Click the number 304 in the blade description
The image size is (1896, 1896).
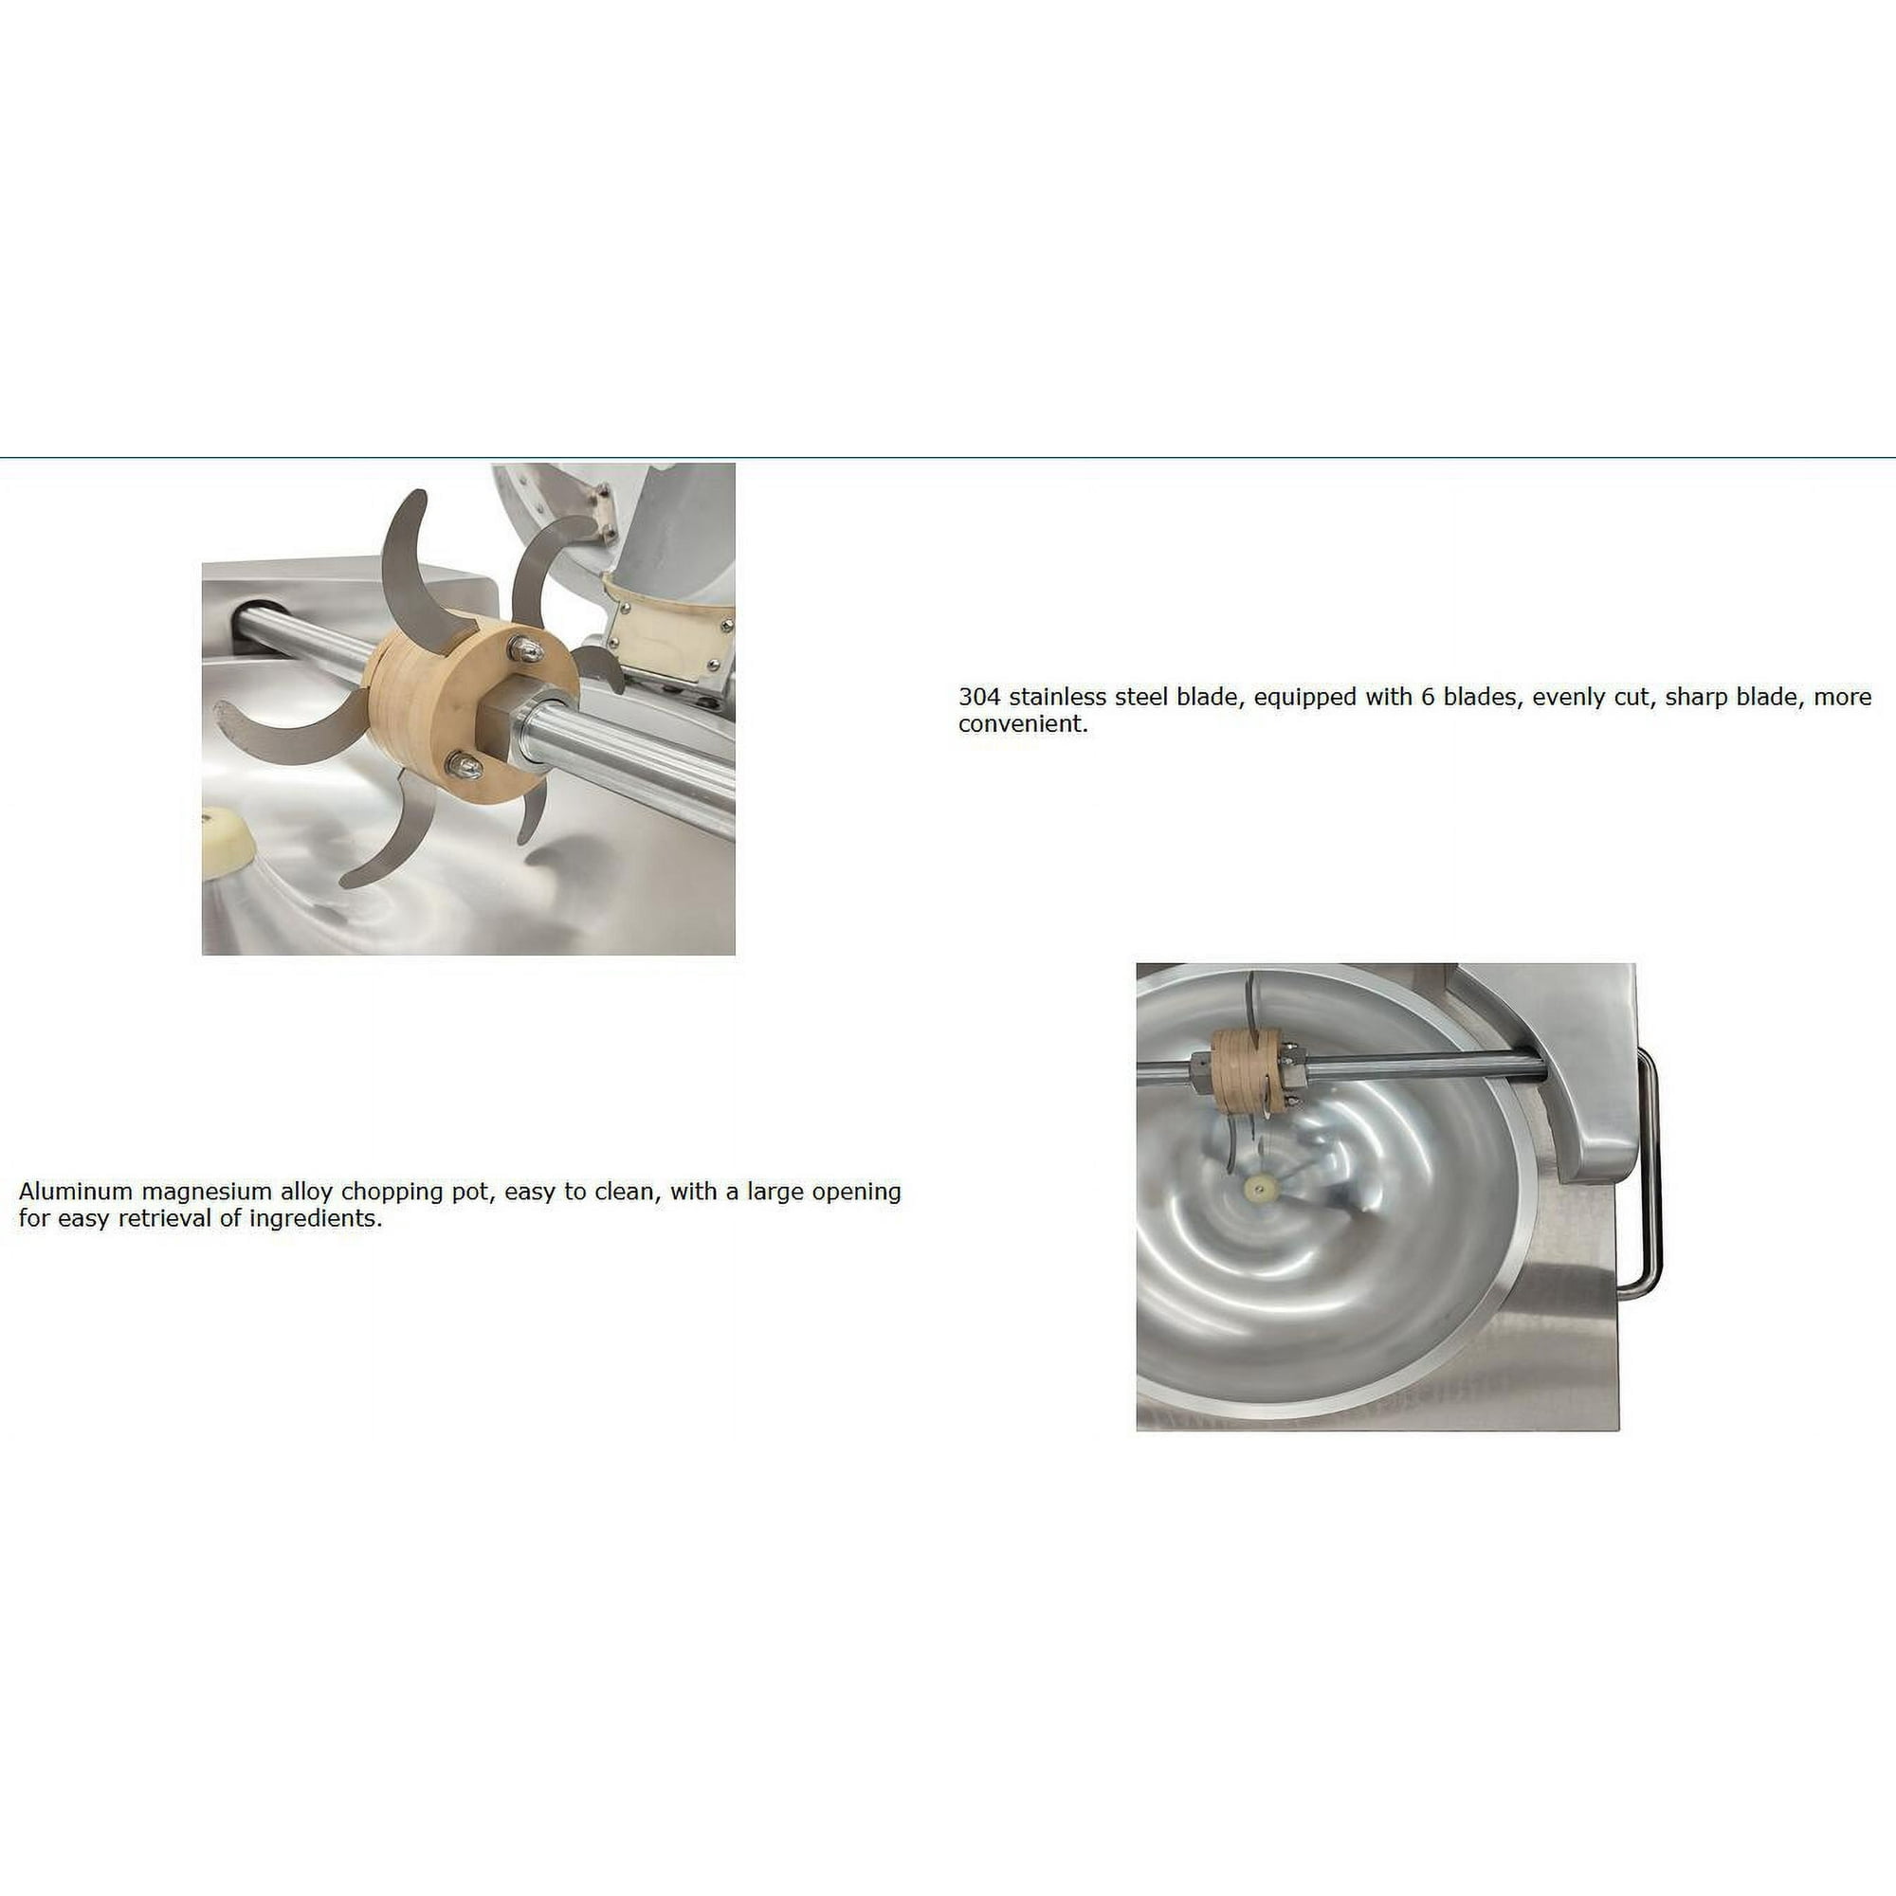pyautogui.click(x=979, y=698)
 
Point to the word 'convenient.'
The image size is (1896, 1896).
pyautogui.click(x=1024, y=724)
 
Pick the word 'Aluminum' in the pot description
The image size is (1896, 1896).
pyautogui.click(x=68, y=1192)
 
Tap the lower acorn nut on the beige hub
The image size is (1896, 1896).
pyautogui.click(x=466, y=765)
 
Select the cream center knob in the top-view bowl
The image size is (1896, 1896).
pyautogui.click(x=1257, y=1192)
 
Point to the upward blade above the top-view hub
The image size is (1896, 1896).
pyautogui.click(x=1249, y=999)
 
